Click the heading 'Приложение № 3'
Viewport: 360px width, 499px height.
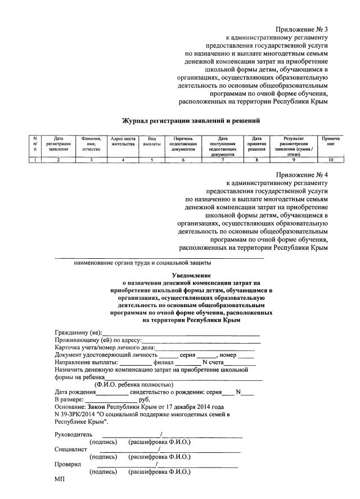(301, 29)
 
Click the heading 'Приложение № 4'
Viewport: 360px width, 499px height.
(301, 175)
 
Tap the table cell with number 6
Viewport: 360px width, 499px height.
(183, 160)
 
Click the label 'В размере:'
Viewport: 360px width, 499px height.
(69, 398)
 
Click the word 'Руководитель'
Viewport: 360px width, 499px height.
(71, 434)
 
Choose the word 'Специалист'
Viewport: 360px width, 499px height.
(70, 449)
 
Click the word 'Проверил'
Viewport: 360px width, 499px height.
(67, 465)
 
